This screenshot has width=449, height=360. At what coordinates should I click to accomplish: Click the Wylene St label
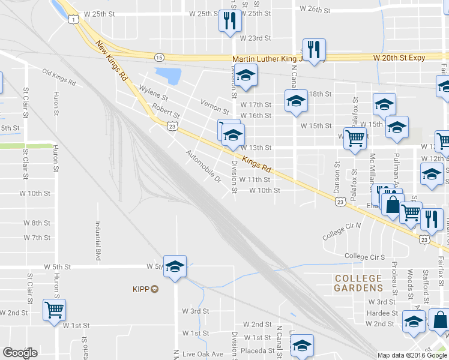153,94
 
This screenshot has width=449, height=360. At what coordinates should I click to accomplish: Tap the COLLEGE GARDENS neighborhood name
358,283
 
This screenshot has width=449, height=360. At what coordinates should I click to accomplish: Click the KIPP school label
145,289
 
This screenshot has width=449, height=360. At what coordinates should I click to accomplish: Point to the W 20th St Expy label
399,58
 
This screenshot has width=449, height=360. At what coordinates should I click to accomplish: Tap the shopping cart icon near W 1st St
54,311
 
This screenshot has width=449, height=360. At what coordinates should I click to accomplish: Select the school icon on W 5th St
175,266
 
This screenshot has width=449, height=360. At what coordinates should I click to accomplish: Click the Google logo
20,353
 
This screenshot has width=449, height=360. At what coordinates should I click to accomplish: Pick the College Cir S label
364,257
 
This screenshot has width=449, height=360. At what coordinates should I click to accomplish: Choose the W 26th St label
315,10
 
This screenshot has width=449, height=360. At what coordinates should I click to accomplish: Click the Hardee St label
382,313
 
